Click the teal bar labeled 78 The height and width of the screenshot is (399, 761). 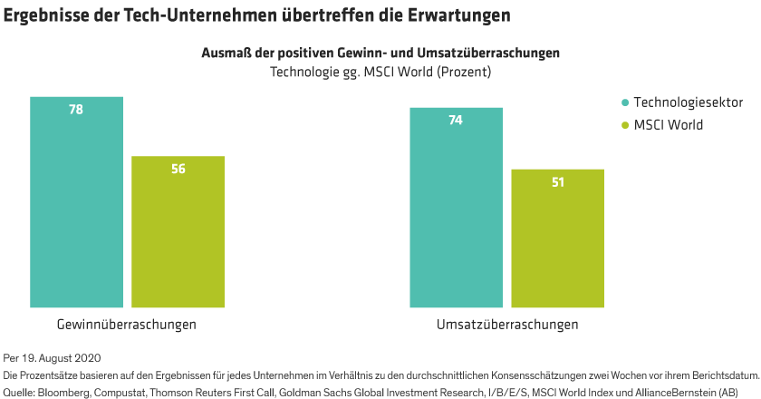click(x=76, y=209)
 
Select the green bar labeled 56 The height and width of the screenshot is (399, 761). click(x=178, y=236)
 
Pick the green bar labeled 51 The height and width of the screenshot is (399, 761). click(x=557, y=240)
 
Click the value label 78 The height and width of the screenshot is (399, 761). click(x=76, y=109)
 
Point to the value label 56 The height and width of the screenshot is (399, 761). click(x=178, y=169)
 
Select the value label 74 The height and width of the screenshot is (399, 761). click(x=456, y=120)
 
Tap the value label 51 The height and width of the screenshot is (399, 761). click(x=557, y=181)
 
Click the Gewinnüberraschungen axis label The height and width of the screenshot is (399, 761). click(x=127, y=324)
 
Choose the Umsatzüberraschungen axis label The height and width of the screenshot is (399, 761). click(x=506, y=324)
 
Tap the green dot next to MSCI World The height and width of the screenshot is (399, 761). click(x=624, y=124)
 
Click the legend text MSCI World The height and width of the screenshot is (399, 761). click(x=669, y=124)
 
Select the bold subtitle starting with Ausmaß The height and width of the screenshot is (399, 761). click(x=380, y=53)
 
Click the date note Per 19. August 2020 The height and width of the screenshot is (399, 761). click(x=52, y=358)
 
